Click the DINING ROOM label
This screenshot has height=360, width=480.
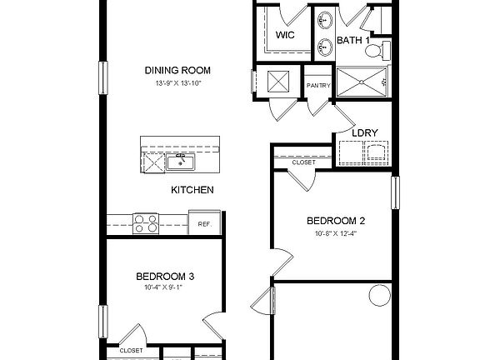tap(177, 70)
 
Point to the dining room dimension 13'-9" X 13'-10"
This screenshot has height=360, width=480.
tap(177, 84)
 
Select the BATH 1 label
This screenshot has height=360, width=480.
tap(353, 41)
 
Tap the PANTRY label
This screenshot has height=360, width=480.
tap(318, 85)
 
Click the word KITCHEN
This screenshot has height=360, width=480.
tap(192, 190)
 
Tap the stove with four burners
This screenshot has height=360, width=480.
tap(147, 223)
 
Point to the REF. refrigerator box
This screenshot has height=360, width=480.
tap(204, 224)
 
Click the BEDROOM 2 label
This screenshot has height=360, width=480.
tap(336, 221)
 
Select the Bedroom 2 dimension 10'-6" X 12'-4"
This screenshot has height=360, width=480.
tap(336, 234)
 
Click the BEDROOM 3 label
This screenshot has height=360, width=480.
tap(166, 276)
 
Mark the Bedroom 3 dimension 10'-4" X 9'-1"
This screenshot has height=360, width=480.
tap(163, 288)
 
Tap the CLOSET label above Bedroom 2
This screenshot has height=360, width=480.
tap(303, 162)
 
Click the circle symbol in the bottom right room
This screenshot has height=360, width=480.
tap(378, 296)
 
